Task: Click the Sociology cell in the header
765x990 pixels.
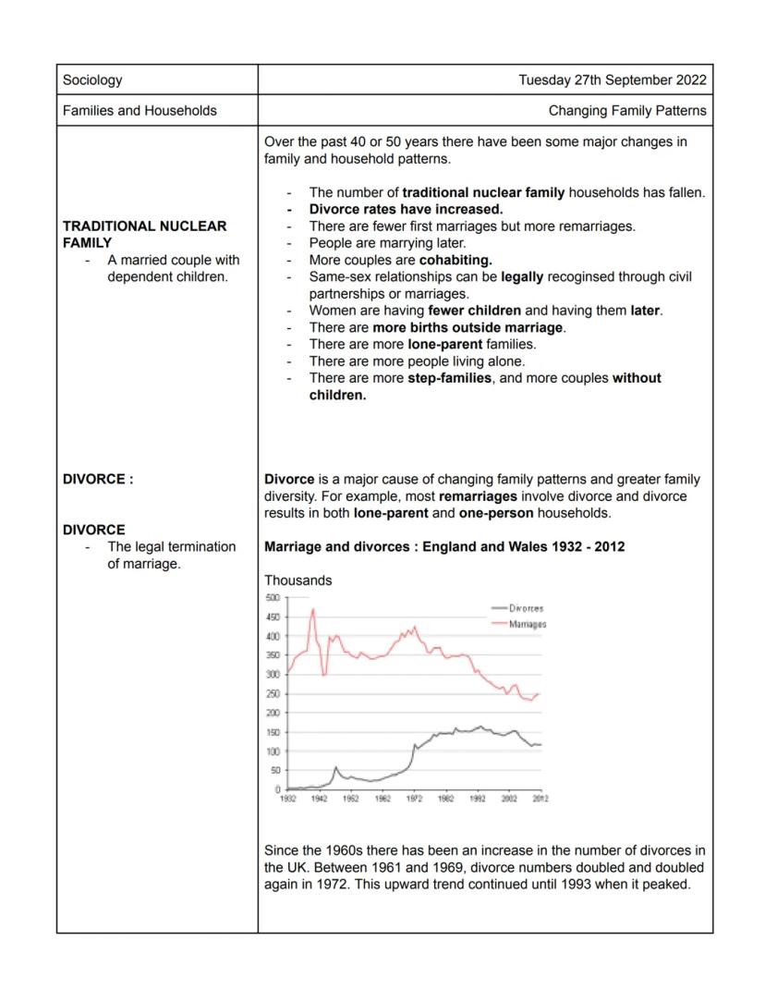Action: click(92, 80)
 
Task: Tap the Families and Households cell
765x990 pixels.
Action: click(140, 111)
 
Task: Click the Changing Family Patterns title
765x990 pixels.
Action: click(626, 111)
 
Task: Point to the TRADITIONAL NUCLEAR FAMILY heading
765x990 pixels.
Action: click(144, 234)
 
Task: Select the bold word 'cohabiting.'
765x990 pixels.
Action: click(455, 260)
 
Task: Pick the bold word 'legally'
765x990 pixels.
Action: click(522, 276)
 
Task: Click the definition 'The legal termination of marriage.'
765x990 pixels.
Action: click(171, 555)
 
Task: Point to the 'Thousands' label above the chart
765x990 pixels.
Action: click(297, 581)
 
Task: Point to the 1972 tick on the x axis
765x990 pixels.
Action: click(414, 799)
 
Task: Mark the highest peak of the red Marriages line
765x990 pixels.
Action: click(313, 609)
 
